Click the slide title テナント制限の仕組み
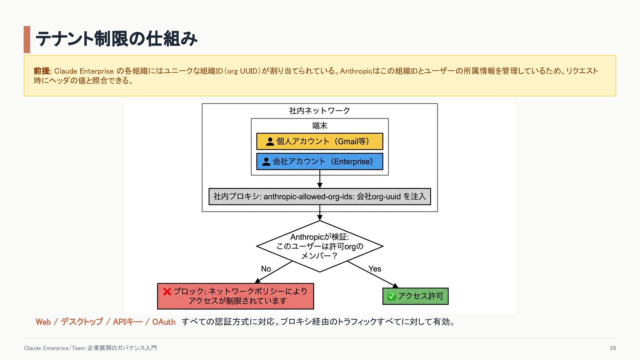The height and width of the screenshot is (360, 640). click(116, 39)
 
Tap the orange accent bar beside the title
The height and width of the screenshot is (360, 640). click(27, 39)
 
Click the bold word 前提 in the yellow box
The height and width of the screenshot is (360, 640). click(42, 71)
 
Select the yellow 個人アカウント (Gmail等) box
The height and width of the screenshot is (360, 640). click(320, 141)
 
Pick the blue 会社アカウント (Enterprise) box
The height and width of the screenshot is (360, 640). click(320, 161)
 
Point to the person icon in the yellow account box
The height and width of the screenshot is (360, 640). click(270, 142)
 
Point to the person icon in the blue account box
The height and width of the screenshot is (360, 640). click(266, 162)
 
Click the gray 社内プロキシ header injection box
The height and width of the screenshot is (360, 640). click(320, 197)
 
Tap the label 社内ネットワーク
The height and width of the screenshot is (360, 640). click(320, 111)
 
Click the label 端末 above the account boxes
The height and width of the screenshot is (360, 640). click(320, 126)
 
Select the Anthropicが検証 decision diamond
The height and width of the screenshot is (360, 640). click(320, 246)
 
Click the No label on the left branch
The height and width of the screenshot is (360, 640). click(266, 269)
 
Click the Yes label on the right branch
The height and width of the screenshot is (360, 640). click(375, 269)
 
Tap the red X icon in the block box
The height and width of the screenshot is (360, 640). click(167, 292)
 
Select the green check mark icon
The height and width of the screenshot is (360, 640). click(392, 296)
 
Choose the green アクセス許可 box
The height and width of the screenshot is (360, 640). click(415, 296)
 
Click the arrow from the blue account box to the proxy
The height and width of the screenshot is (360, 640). click(320, 179)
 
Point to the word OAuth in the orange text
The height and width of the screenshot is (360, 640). click(164, 322)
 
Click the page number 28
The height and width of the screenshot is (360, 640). click(613, 348)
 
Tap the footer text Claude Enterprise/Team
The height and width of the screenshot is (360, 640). click(55, 348)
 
